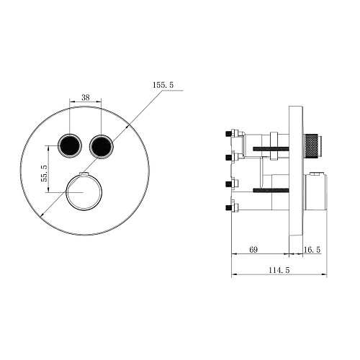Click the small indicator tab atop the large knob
click(84, 175)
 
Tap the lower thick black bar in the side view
click(270, 190)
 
